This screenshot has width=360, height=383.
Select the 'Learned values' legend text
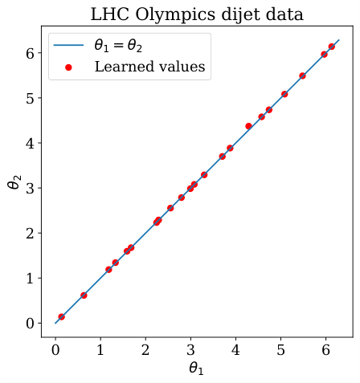(149, 67)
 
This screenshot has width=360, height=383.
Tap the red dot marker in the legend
(68, 67)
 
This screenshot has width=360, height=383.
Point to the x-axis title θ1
(197, 369)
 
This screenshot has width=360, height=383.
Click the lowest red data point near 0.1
(61, 317)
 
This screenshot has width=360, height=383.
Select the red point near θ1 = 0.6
(84, 295)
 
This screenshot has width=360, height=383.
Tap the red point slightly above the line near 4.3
(248, 126)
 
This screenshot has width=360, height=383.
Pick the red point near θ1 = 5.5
(302, 75)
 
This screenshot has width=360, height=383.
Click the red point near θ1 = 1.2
(108, 270)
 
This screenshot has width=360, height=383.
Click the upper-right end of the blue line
(339, 39)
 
